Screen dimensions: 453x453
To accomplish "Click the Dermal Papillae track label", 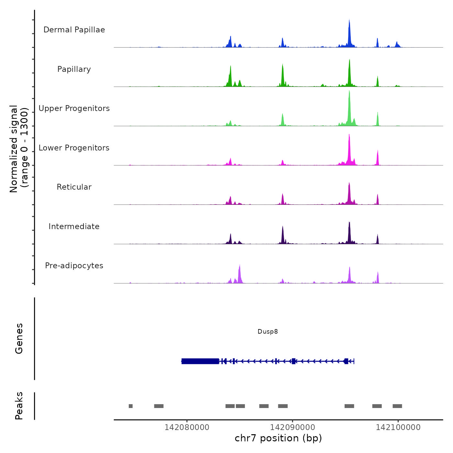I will click(x=74, y=30).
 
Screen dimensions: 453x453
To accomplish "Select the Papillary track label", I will click(x=74, y=69).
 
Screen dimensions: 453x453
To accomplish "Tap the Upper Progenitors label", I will click(x=74, y=108).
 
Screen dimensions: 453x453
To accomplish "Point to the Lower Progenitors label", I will click(x=74, y=148).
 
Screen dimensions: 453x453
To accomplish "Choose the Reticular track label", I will click(x=74, y=187).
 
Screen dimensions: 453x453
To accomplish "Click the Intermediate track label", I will click(x=74, y=226).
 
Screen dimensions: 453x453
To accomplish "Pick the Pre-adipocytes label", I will click(x=74, y=266).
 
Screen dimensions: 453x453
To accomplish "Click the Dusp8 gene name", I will click(x=268, y=331).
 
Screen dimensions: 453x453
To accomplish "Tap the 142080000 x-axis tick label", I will click(x=187, y=427).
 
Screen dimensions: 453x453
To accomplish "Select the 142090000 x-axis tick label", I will click(x=293, y=427).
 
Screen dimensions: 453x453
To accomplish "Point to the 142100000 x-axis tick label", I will click(x=398, y=427).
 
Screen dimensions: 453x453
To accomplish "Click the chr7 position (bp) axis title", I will click(x=278, y=438).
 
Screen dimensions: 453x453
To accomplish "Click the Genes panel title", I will click(x=19, y=338).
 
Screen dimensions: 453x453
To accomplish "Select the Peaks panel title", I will click(x=19, y=406).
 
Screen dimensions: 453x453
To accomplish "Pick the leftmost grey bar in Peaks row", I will click(x=131, y=406).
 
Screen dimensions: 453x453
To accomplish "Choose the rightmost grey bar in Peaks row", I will click(x=397, y=406).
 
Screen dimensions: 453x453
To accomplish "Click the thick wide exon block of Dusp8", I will click(x=200, y=361).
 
